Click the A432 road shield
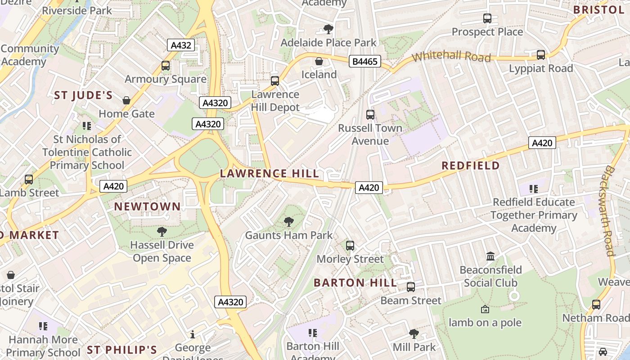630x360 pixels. (182, 45)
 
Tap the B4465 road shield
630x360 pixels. (364, 61)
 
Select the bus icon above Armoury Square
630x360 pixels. (166, 66)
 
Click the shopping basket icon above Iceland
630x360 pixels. (319, 61)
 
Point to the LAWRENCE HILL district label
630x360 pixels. (270, 174)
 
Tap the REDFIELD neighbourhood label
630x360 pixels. (470, 166)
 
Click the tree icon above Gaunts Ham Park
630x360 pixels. (289, 221)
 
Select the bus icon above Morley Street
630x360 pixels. (350, 246)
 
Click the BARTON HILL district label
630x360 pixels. (355, 283)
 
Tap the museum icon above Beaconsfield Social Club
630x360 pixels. (490, 256)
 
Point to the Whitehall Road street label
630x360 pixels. (451, 57)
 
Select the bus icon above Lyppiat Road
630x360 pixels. (541, 55)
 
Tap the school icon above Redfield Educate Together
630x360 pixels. (534, 189)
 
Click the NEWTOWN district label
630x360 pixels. (147, 207)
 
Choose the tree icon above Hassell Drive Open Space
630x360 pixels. (162, 232)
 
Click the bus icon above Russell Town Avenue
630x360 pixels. (370, 115)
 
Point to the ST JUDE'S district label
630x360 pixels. (83, 95)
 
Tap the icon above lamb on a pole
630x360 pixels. (485, 309)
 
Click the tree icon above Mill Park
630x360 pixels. (414, 334)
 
